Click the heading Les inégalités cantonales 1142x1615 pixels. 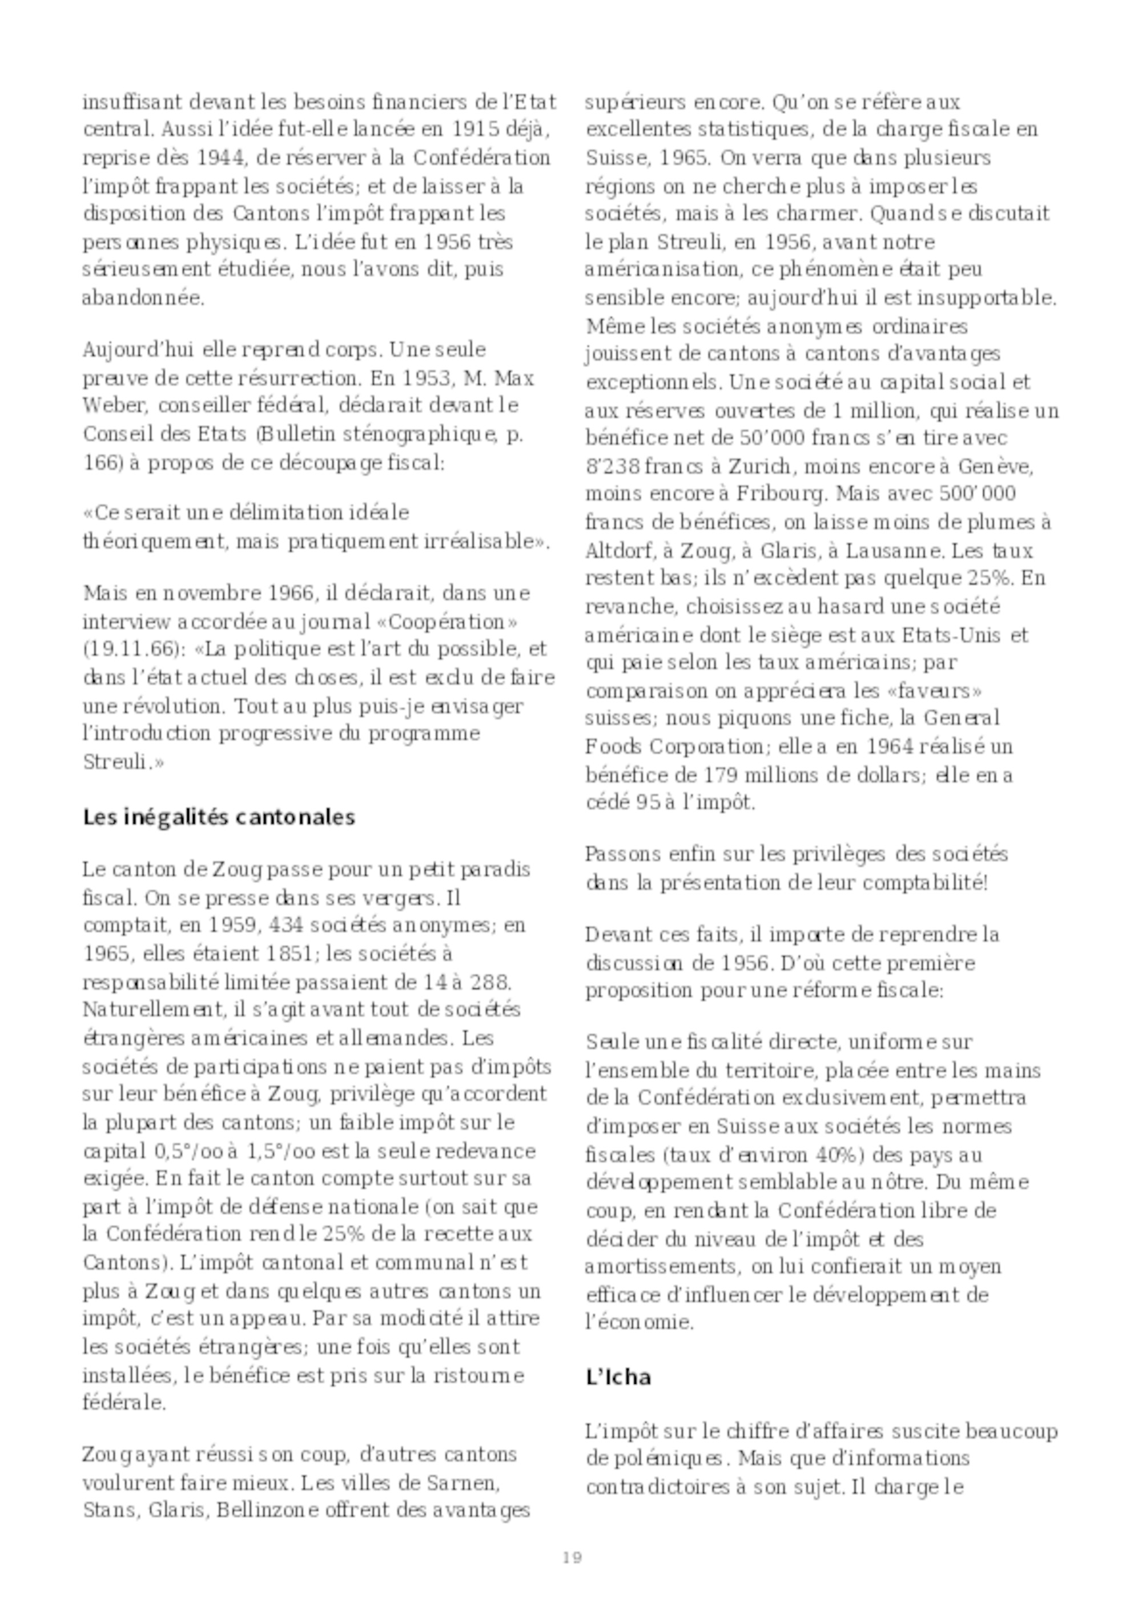[219, 817]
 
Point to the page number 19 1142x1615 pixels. [572, 1557]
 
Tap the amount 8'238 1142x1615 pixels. [612, 466]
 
